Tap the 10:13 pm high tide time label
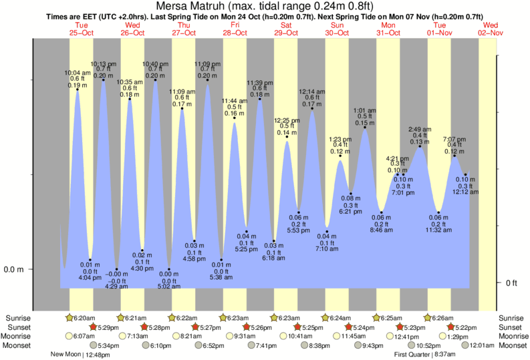[x=103, y=63]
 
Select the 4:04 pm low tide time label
[x=90, y=277]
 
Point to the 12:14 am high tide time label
[x=311, y=92]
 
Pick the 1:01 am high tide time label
[x=365, y=110]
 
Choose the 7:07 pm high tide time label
[x=454, y=139]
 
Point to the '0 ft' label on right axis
[x=511, y=283]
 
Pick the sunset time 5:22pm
[x=468, y=327]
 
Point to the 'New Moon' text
[x=66, y=355]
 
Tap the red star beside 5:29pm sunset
[x=93, y=327]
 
